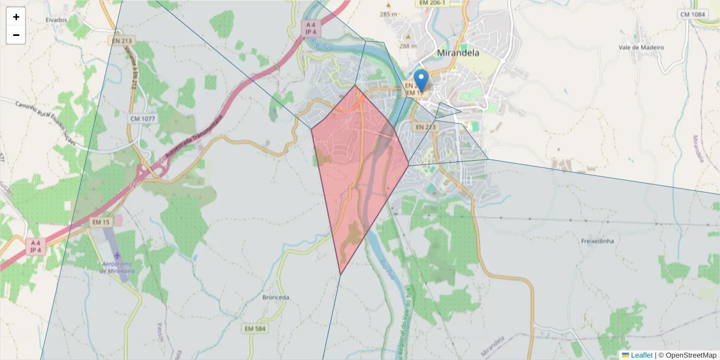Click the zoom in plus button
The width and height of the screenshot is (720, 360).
(16, 17)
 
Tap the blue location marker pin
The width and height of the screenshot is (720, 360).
(422, 80)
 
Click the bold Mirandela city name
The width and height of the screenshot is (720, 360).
(459, 52)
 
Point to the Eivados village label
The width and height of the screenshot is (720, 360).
(56, 20)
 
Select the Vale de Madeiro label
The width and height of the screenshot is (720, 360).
(641, 47)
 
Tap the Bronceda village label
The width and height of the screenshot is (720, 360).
(276, 298)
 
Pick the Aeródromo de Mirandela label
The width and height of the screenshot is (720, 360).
(118, 268)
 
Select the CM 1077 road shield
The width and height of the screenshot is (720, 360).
(142, 119)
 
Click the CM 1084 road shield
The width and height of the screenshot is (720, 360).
(692, 14)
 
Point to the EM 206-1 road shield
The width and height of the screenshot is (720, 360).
(432, 3)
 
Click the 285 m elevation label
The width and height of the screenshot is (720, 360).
(388, 14)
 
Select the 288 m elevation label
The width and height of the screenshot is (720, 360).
(408, 46)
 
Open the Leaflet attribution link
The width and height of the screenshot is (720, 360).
(641, 355)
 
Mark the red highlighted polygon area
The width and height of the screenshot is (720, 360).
(360, 174)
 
